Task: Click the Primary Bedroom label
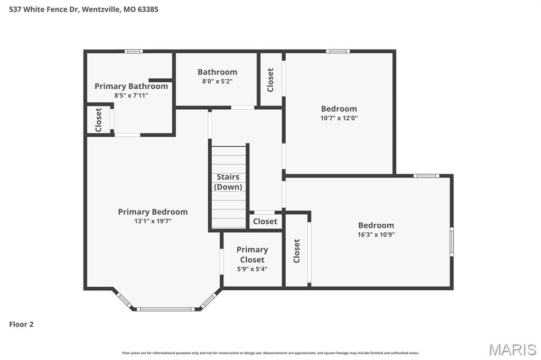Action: [x=153, y=212]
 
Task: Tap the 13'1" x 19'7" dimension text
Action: [x=153, y=221]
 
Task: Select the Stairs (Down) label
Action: [x=228, y=182]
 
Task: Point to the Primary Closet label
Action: [x=252, y=254]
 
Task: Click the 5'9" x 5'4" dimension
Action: [x=252, y=269]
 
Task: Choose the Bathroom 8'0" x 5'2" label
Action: [x=217, y=76]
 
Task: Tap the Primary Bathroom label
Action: [x=131, y=86]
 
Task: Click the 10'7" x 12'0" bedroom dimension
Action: [x=339, y=118]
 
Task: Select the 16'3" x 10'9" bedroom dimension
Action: [x=376, y=234]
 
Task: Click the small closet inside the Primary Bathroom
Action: [x=98, y=120]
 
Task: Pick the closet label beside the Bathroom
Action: [x=270, y=80]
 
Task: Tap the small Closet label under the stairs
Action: [x=265, y=222]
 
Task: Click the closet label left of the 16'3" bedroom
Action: [x=296, y=251]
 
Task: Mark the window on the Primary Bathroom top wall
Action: [x=134, y=51]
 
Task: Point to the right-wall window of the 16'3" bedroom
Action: [x=451, y=241]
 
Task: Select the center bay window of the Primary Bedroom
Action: [x=166, y=309]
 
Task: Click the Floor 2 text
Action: [x=21, y=324]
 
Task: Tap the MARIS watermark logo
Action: [x=512, y=349]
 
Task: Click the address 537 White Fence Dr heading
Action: [x=83, y=9]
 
